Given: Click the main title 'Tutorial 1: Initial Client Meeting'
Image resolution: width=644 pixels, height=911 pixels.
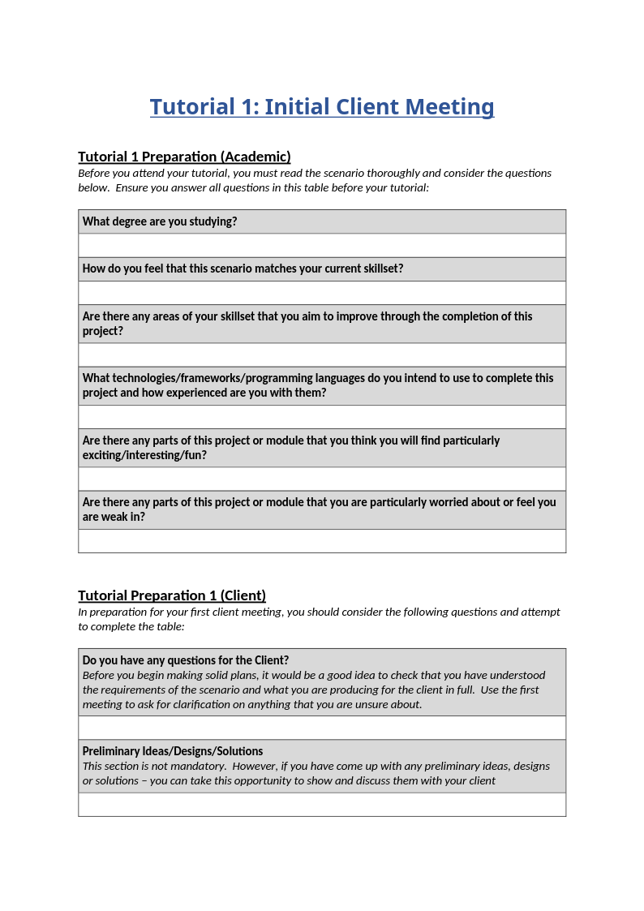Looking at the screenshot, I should [x=322, y=107].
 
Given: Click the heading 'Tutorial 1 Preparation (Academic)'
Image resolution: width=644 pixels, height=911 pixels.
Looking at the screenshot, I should [x=184, y=157].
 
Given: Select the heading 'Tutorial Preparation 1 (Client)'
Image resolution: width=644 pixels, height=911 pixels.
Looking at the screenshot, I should [x=172, y=595].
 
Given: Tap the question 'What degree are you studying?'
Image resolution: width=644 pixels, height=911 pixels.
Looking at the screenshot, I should [x=160, y=221].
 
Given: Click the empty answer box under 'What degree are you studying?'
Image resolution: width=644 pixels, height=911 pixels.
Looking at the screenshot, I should [x=322, y=246].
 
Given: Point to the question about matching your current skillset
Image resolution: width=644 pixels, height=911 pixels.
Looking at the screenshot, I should [x=243, y=269].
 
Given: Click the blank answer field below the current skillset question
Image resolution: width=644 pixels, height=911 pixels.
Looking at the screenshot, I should [x=322, y=293].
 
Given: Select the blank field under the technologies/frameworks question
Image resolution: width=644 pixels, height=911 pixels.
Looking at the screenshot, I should [x=322, y=417].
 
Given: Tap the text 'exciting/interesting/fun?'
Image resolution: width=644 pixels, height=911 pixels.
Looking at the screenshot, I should [x=144, y=455].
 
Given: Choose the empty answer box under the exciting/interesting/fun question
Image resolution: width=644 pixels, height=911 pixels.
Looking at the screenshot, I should [x=322, y=479].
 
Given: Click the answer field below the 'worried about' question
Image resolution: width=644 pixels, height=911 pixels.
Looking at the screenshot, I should [x=322, y=541].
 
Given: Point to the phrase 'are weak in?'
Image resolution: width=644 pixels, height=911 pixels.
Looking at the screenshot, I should [x=114, y=517].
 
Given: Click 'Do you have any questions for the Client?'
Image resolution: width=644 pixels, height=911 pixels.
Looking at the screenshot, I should [x=186, y=660].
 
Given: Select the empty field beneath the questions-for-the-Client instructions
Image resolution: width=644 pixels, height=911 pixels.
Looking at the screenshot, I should [x=322, y=728].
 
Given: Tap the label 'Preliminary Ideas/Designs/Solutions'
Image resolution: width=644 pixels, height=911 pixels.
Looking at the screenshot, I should [x=173, y=751].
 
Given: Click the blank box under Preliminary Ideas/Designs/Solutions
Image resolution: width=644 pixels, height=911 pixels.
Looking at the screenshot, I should [x=322, y=805].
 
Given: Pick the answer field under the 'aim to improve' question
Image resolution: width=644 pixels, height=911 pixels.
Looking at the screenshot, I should [x=322, y=355].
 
